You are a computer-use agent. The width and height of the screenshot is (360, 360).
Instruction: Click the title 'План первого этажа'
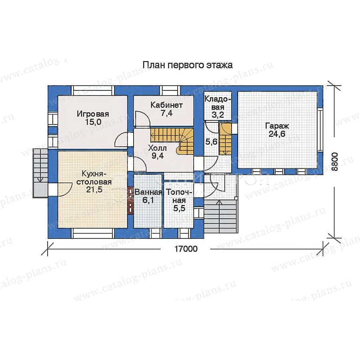188,65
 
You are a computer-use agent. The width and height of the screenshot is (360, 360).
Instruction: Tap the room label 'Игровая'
93,114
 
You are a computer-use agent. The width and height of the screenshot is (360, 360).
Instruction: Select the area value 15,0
93,122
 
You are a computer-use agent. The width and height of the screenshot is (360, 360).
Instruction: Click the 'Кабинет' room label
167,105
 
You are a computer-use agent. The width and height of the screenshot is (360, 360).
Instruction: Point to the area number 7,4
167,113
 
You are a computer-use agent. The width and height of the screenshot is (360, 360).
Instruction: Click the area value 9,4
158,156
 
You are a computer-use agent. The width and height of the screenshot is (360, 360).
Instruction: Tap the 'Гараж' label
277,126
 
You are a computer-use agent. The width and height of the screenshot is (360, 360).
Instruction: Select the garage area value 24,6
277,134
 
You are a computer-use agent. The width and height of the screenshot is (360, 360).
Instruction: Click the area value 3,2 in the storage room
218,114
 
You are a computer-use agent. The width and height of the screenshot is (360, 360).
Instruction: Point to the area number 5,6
211,142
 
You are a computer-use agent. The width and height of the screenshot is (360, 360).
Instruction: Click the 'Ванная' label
148,192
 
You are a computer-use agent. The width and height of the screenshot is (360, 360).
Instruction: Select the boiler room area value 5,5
180,208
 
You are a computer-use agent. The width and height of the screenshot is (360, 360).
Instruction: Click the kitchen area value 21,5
94,190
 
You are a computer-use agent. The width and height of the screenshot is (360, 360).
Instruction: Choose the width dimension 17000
186,249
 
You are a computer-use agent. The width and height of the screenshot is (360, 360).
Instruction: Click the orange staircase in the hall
172,141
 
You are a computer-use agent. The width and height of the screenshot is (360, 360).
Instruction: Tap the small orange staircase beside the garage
225,139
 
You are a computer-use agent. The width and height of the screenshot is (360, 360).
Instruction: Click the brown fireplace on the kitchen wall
131,201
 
